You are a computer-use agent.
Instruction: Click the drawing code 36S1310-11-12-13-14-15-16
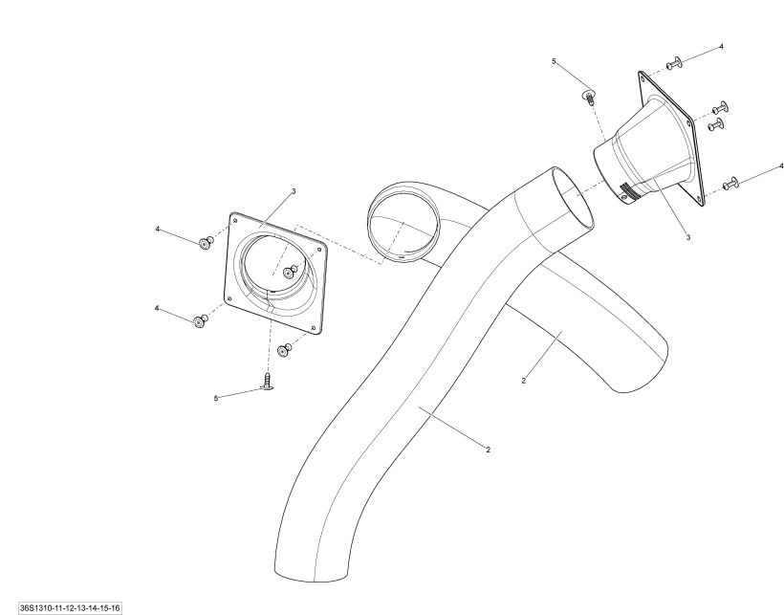pyautogui.click(x=70, y=608)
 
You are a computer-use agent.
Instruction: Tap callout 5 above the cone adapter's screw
pyautogui.click(x=554, y=61)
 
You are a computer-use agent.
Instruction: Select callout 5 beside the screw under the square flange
pyautogui.click(x=216, y=399)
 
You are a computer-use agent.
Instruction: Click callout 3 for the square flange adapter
pyautogui.click(x=294, y=191)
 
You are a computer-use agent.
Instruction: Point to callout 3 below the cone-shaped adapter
pyautogui.click(x=688, y=237)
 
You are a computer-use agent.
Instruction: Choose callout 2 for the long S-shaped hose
pyautogui.click(x=488, y=450)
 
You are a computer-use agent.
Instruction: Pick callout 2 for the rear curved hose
pyautogui.click(x=524, y=381)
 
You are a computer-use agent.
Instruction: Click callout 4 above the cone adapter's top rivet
pyautogui.click(x=721, y=47)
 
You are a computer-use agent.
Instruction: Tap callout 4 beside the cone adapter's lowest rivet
pyautogui.click(x=781, y=166)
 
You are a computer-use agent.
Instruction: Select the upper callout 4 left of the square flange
pyautogui.click(x=158, y=229)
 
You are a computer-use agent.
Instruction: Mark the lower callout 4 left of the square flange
pyautogui.click(x=157, y=309)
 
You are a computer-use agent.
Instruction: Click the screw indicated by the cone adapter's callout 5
pyautogui.click(x=590, y=96)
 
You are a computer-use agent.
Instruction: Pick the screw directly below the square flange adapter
pyautogui.click(x=268, y=381)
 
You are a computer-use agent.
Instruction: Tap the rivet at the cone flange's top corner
pyautogui.click(x=674, y=63)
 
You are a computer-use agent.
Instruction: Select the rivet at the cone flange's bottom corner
pyautogui.click(x=730, y=184)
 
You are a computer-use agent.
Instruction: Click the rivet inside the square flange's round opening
pyautogui.click(x=290, y=272)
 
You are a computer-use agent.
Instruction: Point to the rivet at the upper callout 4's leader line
pyautogui.click(x=206, y=244)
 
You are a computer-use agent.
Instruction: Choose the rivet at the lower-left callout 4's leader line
pyautogui.click(x=200, y=320)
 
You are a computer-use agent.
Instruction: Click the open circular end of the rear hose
pyautogui.click(x=403, y=222)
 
